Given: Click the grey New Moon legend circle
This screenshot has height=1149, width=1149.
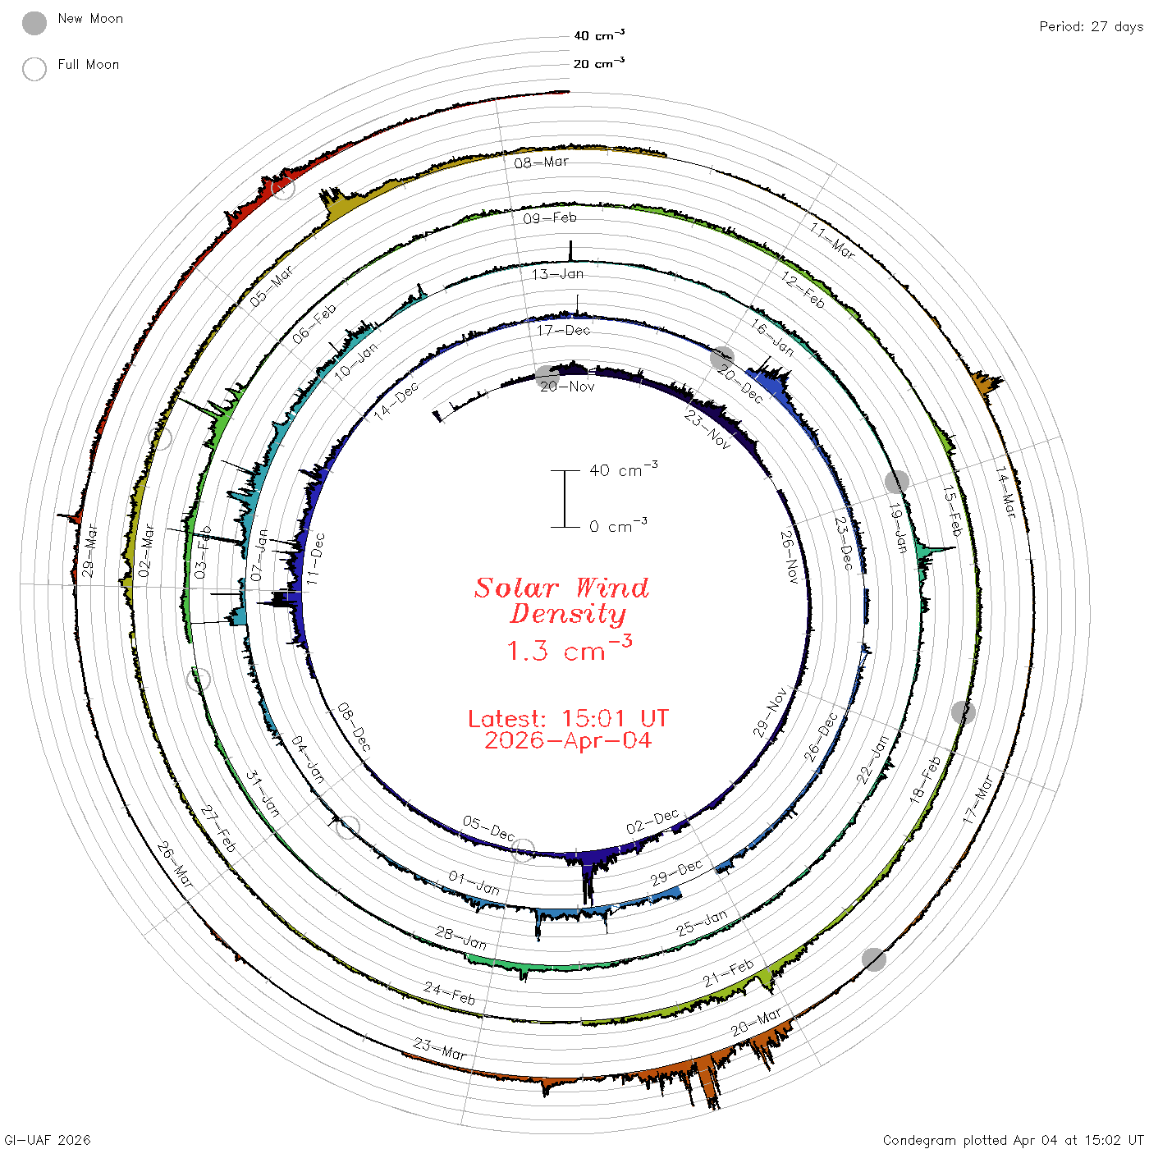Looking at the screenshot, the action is pos(34,23).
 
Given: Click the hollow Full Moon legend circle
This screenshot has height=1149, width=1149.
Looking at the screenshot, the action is pos(34,69).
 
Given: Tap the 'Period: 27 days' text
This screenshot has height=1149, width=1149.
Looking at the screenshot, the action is pos(1092,27).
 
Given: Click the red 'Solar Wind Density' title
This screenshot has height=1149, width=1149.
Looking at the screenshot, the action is pos(561,601).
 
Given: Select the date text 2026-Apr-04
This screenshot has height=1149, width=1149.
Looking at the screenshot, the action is pos(568,740).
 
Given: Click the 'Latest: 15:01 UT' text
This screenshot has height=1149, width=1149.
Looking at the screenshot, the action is pos(568,718).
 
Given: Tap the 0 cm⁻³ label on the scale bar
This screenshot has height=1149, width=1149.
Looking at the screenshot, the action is pos(618,525).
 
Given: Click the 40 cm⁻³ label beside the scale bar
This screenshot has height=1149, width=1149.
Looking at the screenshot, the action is pos(624,469).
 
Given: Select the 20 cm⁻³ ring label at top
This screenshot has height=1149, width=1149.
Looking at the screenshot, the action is pos(598,62).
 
